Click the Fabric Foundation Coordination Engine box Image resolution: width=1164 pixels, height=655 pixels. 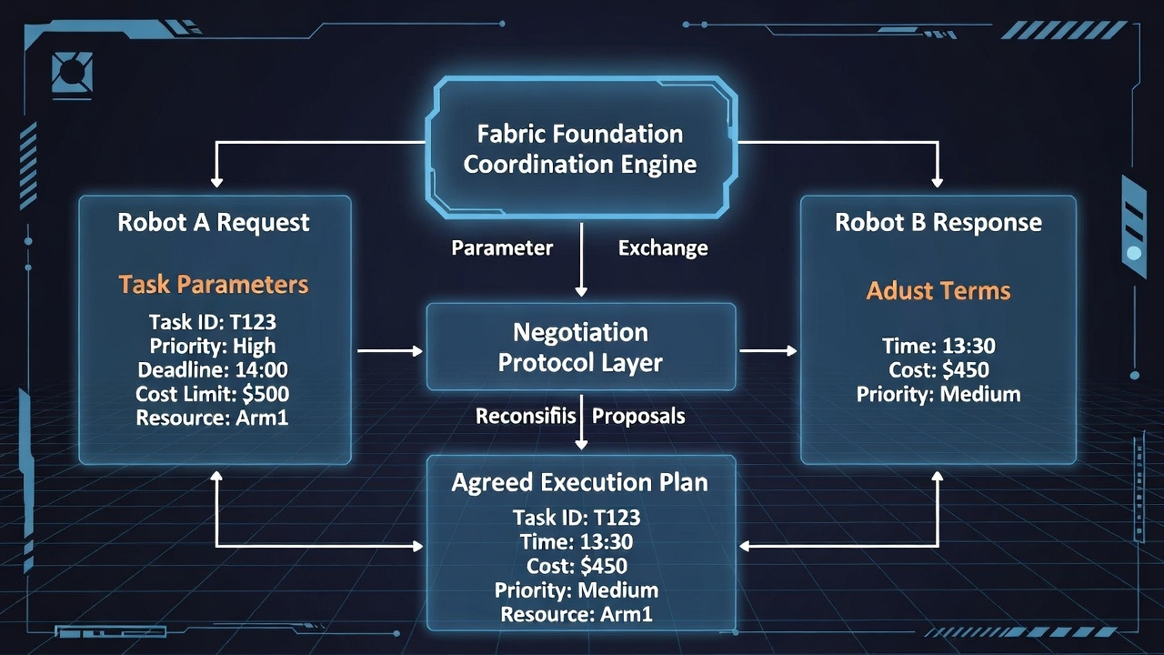pos(580,149)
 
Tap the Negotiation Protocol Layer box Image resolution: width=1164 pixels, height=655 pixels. pos(580,347)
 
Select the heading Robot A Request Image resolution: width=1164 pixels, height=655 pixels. pos(214,222)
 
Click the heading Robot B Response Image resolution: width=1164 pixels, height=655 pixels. pos(938,222)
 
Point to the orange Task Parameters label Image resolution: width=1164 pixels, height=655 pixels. pos(214,284)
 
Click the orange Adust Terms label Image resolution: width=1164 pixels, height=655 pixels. pos(938,290)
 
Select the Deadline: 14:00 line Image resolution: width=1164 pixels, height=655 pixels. pos(213,370)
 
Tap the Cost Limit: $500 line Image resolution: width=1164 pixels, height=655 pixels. pos(213,394)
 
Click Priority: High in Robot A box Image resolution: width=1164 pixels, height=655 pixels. pos(213,346)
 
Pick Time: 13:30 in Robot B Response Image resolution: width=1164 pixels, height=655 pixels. pos(938,346)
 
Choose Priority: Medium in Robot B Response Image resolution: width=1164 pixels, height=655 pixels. pos(938,394)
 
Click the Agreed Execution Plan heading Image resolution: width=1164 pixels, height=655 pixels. pos(580,482)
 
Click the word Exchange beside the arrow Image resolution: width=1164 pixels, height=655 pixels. pos(663,247)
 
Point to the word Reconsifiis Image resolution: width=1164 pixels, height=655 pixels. pos(526,416)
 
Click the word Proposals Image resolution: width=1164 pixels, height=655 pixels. pos(638,416)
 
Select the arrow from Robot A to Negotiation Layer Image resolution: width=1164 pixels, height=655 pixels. pos(389,350)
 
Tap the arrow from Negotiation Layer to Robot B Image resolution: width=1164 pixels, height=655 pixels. pos(768,350)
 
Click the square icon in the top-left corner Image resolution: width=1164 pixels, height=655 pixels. pos(72,72)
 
